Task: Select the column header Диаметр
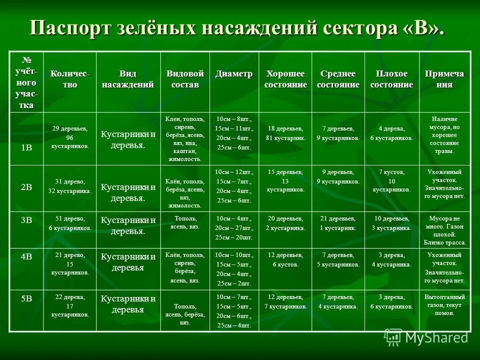234,74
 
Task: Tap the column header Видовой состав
185,79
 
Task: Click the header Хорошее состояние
285,79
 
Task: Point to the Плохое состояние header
391,79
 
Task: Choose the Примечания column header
444,79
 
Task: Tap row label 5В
26,298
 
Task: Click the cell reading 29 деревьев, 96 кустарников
70,137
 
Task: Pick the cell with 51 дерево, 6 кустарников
70,223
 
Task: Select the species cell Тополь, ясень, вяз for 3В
185,222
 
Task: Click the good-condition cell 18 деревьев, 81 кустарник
285,133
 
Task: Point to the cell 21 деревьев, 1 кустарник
338,223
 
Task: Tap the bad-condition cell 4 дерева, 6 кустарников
391,133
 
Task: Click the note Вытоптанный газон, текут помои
444,305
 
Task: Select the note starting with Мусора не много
444,230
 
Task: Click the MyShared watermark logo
427,337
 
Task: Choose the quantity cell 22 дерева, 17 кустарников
70,305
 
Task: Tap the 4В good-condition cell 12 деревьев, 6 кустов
285,259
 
